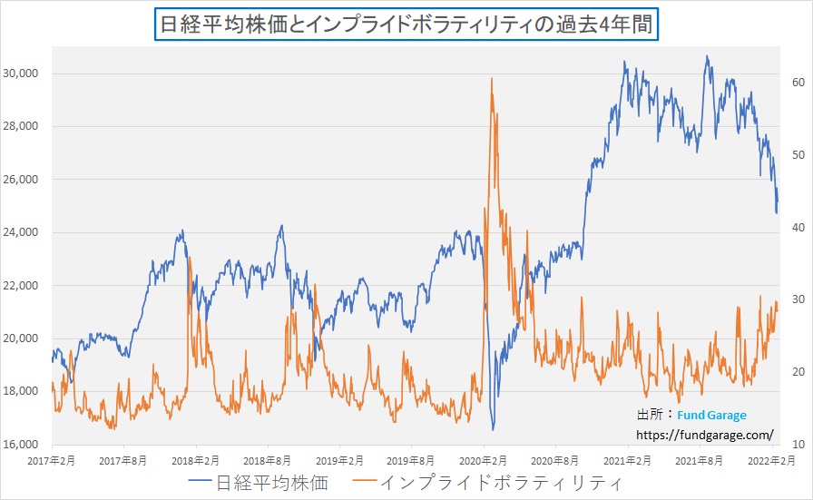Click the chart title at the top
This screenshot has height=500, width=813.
click(406, 23)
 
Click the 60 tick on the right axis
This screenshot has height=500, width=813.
click(798, 83)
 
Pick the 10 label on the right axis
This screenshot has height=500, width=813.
click(798, 445)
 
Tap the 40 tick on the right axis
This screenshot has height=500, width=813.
click(798, 228)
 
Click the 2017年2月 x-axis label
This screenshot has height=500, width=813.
click(52, 461)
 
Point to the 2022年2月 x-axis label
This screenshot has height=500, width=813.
click(772, 461)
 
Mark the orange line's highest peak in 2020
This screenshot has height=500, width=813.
click(492, 79)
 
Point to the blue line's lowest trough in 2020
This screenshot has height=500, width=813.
click(494, 429)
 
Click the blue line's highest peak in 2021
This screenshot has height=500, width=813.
click(707, 57)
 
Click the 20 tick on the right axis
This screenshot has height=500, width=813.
click(798, 372)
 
